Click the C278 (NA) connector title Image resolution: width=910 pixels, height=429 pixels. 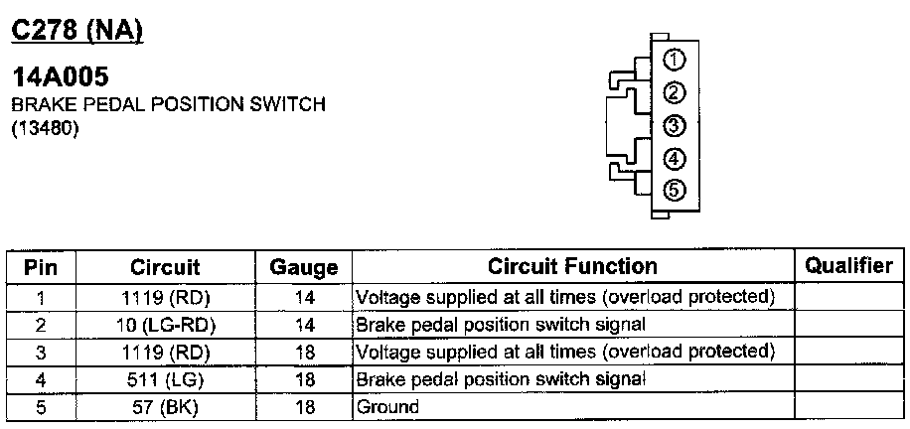[x=77, y=30]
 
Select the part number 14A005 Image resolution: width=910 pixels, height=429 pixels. [x=60, y=77]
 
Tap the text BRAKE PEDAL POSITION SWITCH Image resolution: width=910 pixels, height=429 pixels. [x=168, y=104]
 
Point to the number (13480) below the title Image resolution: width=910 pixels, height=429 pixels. [x=45, y=127]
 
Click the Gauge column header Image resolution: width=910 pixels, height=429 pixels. [x=304, y=267]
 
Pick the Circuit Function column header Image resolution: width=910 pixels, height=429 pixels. [x=572, y=266]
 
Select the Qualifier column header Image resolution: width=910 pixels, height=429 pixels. [x=848, y=265]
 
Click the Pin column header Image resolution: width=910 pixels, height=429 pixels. [x=41, y=267]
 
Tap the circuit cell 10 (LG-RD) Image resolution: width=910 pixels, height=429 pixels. [x=165, y=324]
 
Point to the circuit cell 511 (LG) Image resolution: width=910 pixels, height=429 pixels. [x=165, y=378]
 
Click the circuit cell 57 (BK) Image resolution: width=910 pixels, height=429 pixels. [x=165, y=406]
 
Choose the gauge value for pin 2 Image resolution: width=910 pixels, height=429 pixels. [x=304, y=324]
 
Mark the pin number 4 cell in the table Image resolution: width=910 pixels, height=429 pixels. [x=41, y=378]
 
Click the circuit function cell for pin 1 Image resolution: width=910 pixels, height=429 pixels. [x=563, y=296]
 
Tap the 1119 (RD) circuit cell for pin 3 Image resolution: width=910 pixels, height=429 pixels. [x=165, y=352]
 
